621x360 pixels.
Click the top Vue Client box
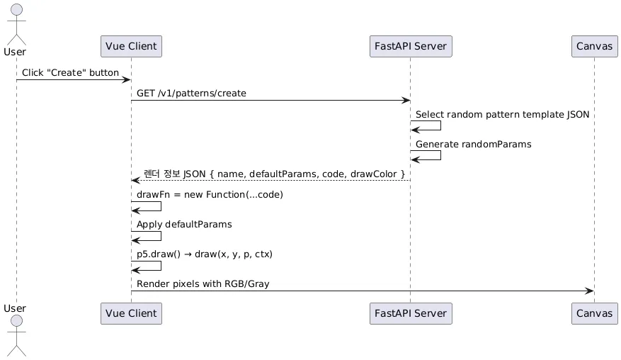point(131,46)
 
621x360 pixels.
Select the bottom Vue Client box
point(131,314)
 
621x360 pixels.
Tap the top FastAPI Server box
point(411,46)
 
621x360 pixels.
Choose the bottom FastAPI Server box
point(411,314)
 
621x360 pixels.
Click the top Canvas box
point(595,46)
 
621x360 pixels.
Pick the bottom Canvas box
point(595,314)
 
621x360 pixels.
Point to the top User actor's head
point(16,9)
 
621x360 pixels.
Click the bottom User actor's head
point(16,321)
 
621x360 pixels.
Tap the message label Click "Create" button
point(70,72)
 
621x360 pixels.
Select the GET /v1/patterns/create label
point(191,93)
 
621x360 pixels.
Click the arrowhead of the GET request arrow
point(406,101)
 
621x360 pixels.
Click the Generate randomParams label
point(473,145)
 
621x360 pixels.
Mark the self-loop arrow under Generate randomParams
point(440,155)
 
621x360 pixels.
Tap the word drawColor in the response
point(373,174)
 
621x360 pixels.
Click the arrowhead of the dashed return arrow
point(135,181)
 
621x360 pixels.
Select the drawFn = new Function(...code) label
point(210,195)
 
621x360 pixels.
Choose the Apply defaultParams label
point(184,225)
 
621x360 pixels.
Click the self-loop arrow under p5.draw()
point(161,266)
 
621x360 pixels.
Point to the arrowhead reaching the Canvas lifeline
point(590,291)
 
